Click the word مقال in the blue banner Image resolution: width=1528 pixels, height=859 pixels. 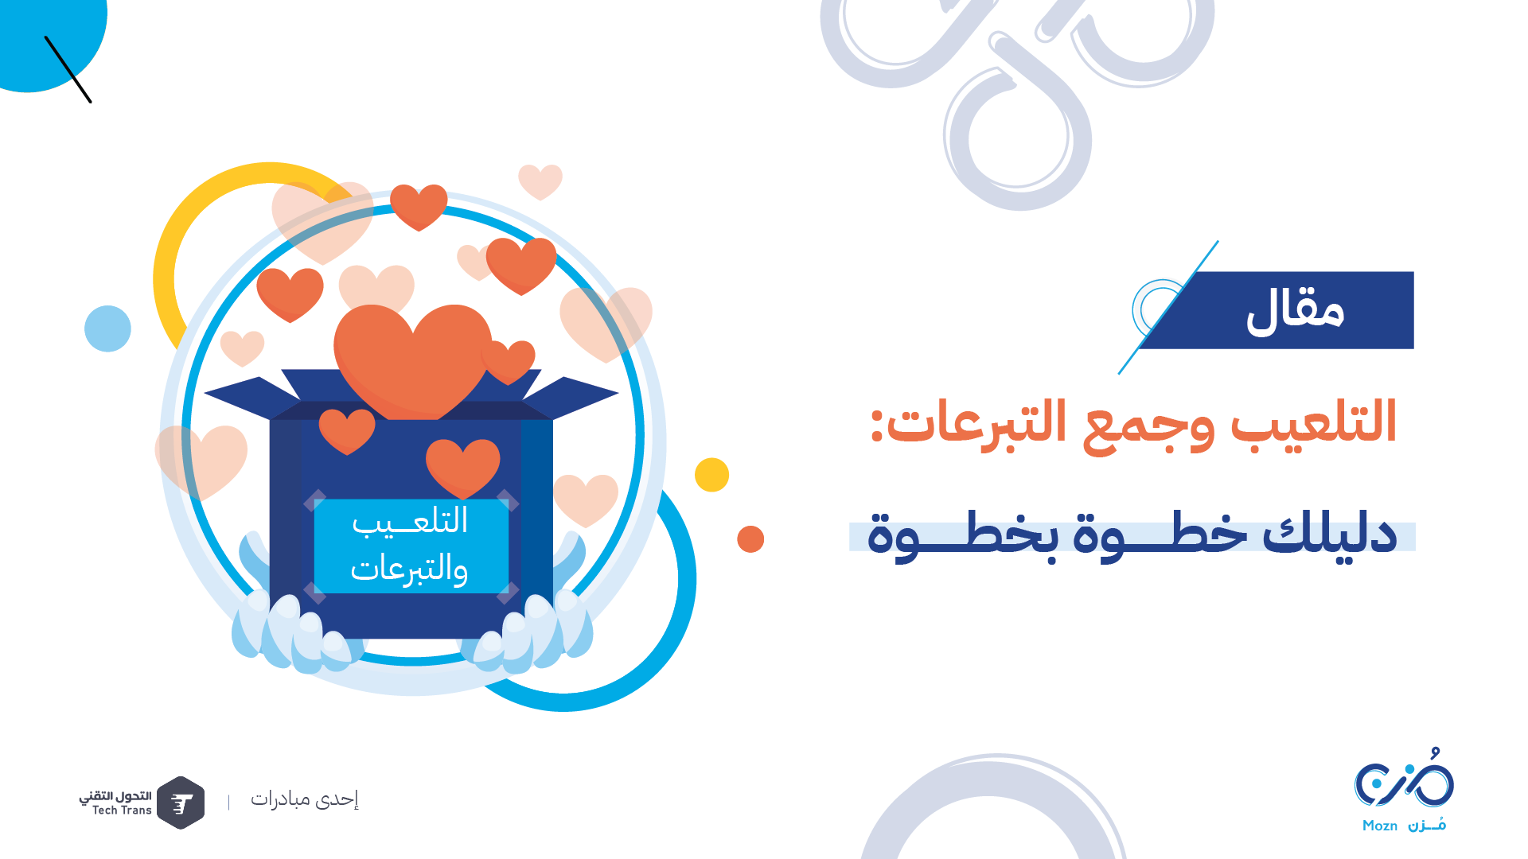pyautogui.click(x=1295, y=311)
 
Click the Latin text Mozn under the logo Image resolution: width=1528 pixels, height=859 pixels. pyautogui.click(x=1380, y=826)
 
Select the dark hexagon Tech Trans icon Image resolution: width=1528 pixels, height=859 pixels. pyautogui.click(x=181, y=803)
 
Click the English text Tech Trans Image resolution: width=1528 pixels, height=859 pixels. pyautogui.click(x=122, y=810)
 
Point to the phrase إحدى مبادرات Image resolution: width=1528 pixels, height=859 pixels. pyautogui.click(x=305, y=799)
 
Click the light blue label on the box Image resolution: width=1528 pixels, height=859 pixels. pyautogui.click(x=411, y=546)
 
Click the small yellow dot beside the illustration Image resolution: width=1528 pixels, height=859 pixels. pyautogui.click(x=711, y=475)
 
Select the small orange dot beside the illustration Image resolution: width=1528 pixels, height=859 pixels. pyautogui.click(x=750, y=539)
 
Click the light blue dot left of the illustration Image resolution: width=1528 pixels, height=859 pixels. pyautogui.click(x=107, y=328)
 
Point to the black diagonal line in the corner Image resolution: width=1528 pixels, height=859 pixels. pyautogui.click(x=68, y=69)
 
